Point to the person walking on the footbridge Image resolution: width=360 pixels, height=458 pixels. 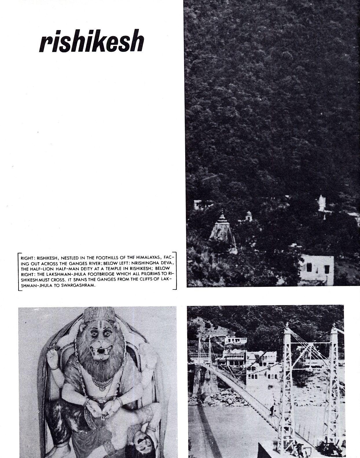point(272,410)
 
